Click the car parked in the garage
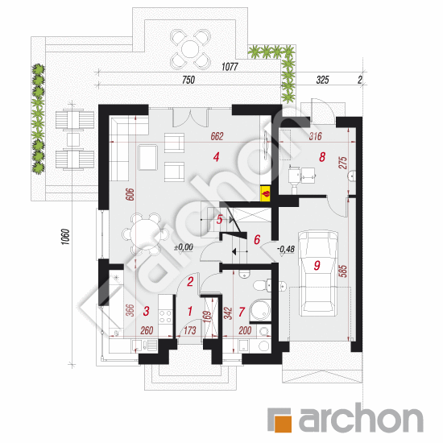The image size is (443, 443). click(x=318, y=274)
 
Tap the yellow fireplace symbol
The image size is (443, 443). click(x=265, y=194)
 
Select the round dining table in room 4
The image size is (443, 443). click(x=146, y=234)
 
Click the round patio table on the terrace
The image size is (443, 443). click(x=190, y=49)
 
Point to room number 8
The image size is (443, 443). click(x=322, y=157)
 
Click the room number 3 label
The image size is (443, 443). click(x=146, y=311)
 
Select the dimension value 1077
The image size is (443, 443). click(x=230, y=67)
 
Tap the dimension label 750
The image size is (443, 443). click(x=188, y=80)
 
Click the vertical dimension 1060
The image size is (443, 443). click(x=65, y=237)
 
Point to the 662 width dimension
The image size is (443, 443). click(x=217, y=136)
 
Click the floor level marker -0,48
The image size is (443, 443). click(x=286, y=249)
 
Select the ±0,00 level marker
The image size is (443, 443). click(x=184, y=247)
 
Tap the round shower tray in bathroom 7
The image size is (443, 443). click(x=260, y=310)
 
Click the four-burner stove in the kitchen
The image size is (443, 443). click(x=165, y=317)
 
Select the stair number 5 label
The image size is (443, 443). click(x=220, y=220)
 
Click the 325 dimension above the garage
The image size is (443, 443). click(x=322, y=80)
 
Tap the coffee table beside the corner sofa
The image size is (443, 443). click(x=147, y=157)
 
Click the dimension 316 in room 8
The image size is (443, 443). click(x=315, y=136)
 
